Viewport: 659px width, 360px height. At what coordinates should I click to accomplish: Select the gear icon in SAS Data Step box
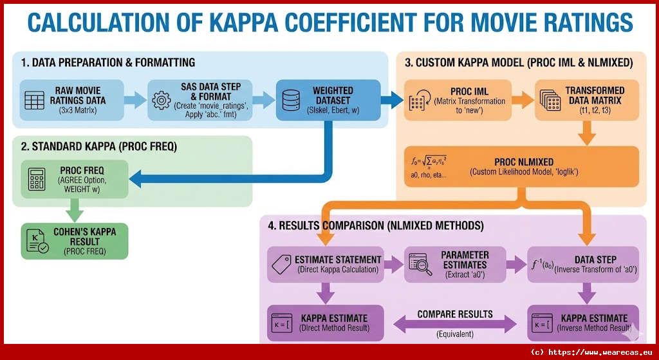tap(161, 100)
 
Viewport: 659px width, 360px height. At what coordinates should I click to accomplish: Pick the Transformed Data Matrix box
tap(588, 100)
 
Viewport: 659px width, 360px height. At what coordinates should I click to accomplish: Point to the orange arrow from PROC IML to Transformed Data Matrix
tap(523, 100)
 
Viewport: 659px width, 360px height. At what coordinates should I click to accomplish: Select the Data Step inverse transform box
tap(583, 264)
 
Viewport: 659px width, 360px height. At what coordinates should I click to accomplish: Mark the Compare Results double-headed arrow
tap(455, 324)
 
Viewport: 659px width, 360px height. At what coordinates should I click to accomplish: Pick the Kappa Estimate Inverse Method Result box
tap(583, 322)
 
